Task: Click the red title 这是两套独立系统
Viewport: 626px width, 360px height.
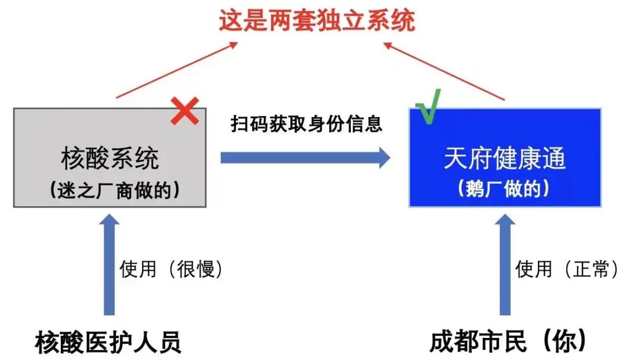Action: [316, 21]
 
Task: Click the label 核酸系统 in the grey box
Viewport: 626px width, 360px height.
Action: [110, 158]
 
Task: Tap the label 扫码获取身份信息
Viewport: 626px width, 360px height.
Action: [307, 124]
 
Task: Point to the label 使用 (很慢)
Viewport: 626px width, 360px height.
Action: [171, 270]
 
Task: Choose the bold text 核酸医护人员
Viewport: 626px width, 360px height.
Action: [108, 341]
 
